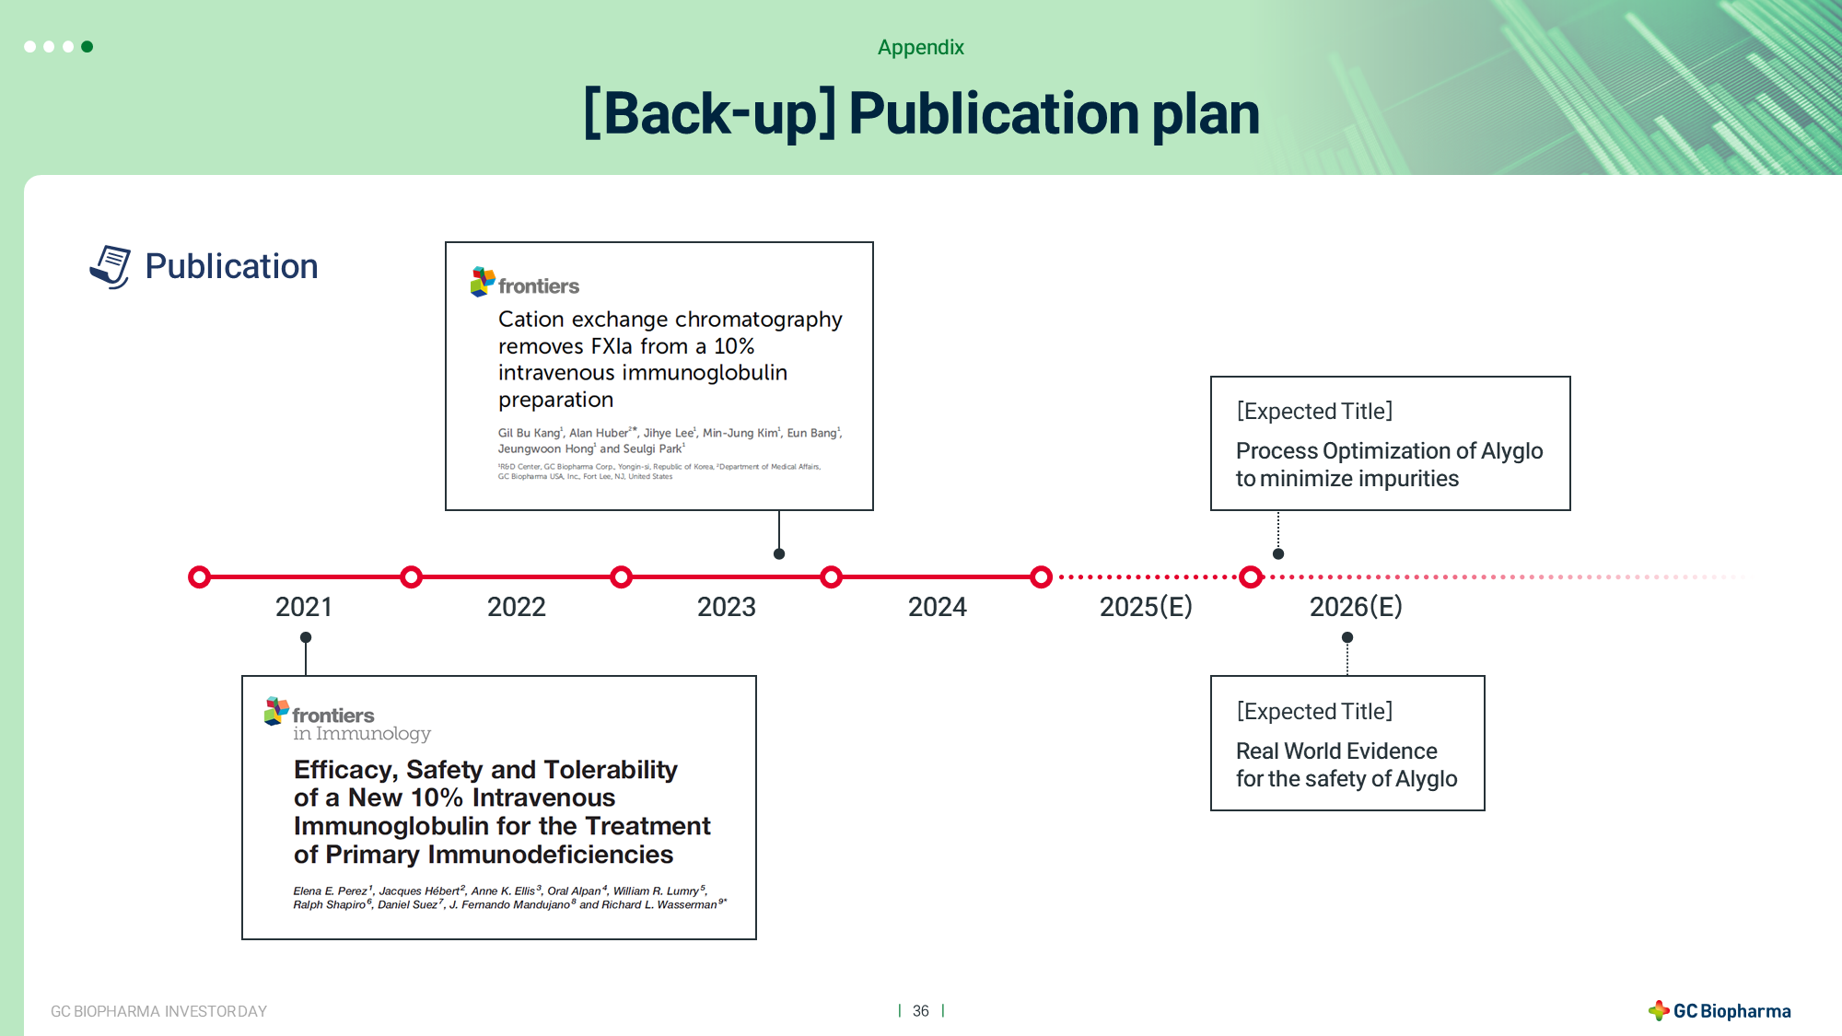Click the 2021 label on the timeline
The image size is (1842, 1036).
pos(304,607)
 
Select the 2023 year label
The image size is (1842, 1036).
pos(727,607)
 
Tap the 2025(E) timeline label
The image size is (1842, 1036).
pos(1146,607)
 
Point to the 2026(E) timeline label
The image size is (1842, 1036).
pos(1356,607)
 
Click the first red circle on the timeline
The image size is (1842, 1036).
pos(199,577)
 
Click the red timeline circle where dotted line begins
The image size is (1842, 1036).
pos(1041,577)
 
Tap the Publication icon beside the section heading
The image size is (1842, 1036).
pos(111,267)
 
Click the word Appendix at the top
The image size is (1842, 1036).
pos(921,48)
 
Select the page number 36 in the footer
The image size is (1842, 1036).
pos(921,1011)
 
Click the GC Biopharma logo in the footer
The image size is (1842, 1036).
pos(1720,1011)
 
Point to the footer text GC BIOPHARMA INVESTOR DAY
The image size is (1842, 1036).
pos(158,1011)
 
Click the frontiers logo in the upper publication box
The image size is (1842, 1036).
pos(525,283)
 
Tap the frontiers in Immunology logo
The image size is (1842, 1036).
pos(347,720)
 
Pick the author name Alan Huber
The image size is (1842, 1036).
pos(599,433)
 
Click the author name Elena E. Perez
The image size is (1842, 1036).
pos(330,890)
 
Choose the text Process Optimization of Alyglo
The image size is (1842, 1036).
pos(1389,451)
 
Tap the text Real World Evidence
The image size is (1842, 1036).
pos(1336,751)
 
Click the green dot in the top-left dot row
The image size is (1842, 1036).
pos(87,47)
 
